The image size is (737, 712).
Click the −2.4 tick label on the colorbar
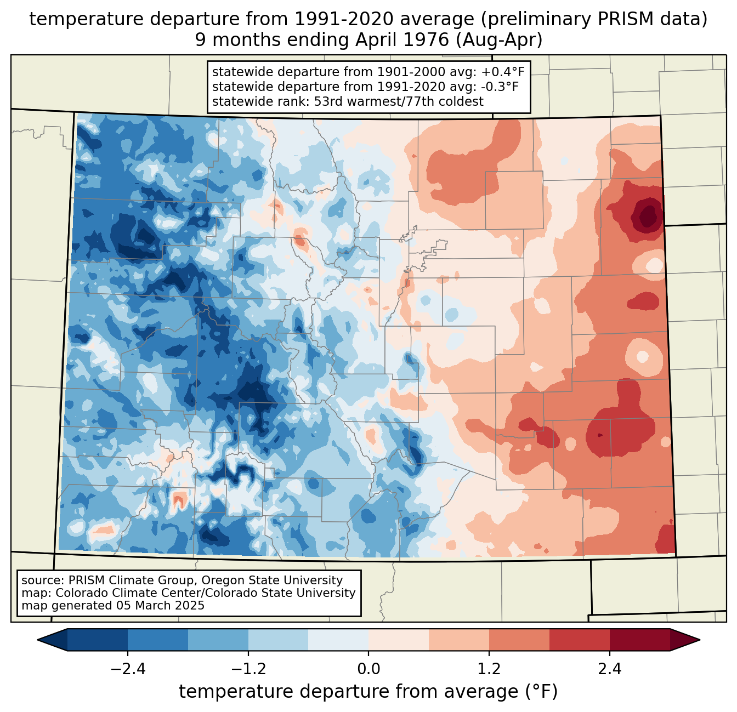pyautogui.click(x=128, y=669)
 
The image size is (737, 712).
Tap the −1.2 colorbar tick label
pyautogui.click(x=248, y=669)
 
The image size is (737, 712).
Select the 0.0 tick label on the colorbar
pyautogui.click(x=368, y=669)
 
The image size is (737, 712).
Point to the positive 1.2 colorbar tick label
pyautogui.click(x=489, y=669)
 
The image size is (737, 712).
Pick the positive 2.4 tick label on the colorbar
pyautogui.click(x=610, y=669)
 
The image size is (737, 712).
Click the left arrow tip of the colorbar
pyautogui.click(x=38, y=640)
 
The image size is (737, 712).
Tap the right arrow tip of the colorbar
pyautogui.click(x=699, y=640)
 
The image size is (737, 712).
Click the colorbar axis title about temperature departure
pyautogui.click(x=368, y=692)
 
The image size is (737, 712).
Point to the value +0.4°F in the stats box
pyautogui.click(x=503, y=72)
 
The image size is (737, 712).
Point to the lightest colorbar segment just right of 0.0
pyautogui.click(x=399, y=640)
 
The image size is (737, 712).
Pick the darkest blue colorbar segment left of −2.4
pyautogui.click(x=98, y=640)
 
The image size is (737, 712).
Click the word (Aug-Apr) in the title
pyautogui.click(x=499, y=40)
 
